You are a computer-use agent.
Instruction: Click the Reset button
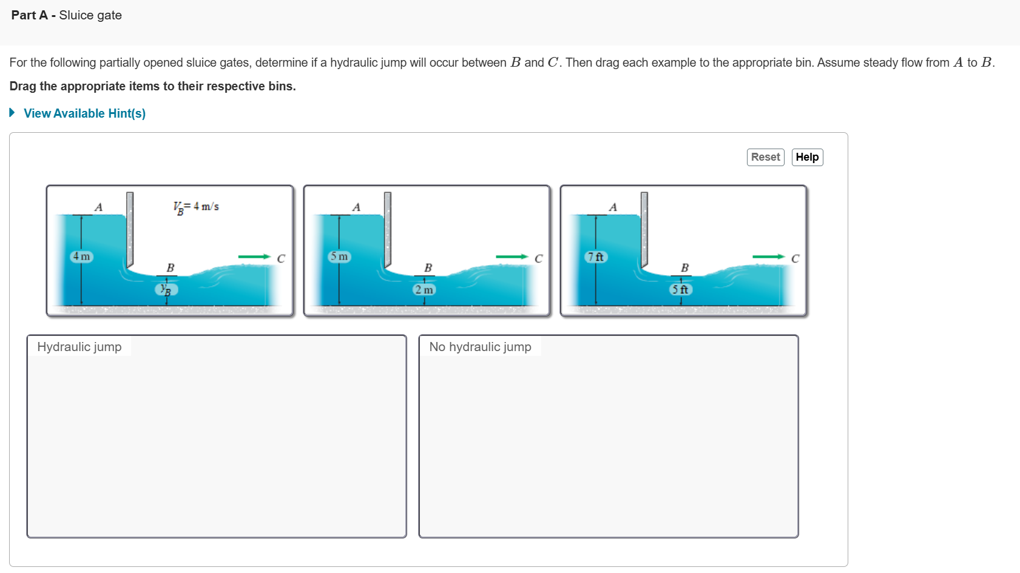pyautogui.click(x=765, y=157)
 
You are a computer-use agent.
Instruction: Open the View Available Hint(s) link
pyautogui.click(x=84, y=113)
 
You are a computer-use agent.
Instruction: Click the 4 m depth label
pyautogui.click(x=81, y=256)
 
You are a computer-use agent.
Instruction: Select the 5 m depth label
pyautogui.click(x=339, y=256)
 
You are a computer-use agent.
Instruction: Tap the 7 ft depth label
pyautogui.click(x=596, y=256)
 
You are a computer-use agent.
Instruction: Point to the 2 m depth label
pyautogui.click(x=424, y=289)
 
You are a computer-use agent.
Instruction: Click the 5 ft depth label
pyautogui.click(x=680, y=289)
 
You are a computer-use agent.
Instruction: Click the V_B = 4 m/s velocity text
pyautogui.click(x=196, y=207)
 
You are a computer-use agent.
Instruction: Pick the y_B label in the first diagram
pyautogui.click(x=166, y=289)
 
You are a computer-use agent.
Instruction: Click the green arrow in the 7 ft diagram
pyautogui.click(x=768, y=256)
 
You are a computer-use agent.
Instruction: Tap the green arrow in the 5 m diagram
pyautogui.click(x=512, y=256)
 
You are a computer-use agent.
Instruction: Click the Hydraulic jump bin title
pyautogui.click(x=79, y=347)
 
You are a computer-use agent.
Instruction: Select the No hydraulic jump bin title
pyautogui.click(x=480, y=347)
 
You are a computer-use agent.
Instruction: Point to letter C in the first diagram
pyautogui.click(x=281, y=259)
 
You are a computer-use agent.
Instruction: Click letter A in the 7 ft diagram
pyautogui.click(x=613, y=207)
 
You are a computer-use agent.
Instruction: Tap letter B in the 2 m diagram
pyautogui.click(x=428, y=268)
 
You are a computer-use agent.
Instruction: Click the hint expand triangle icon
pyautogui.click(x=12, y=113)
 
